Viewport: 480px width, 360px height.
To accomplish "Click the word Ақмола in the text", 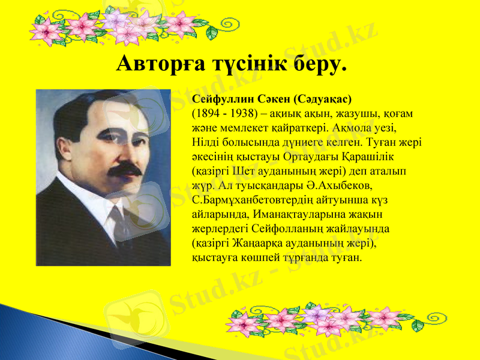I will pos(357,128).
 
